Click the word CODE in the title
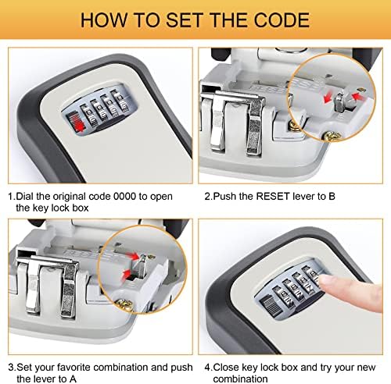coord(282,20)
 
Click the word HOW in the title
coord(104,20)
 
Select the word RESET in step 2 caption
coord(273,196)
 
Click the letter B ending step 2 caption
coord(332,196)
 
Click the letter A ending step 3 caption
coord(73,379)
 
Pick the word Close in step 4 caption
coord(226,367)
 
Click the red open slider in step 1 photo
coord(76,123)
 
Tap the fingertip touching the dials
coord(326,283)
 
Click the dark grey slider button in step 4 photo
coord(270,306)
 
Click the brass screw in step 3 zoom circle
coord(124,304)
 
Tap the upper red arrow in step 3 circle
coord(134,256)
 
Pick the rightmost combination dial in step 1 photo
coord(119,102)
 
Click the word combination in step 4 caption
coord(240,379)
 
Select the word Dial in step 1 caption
coord(25,197)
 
